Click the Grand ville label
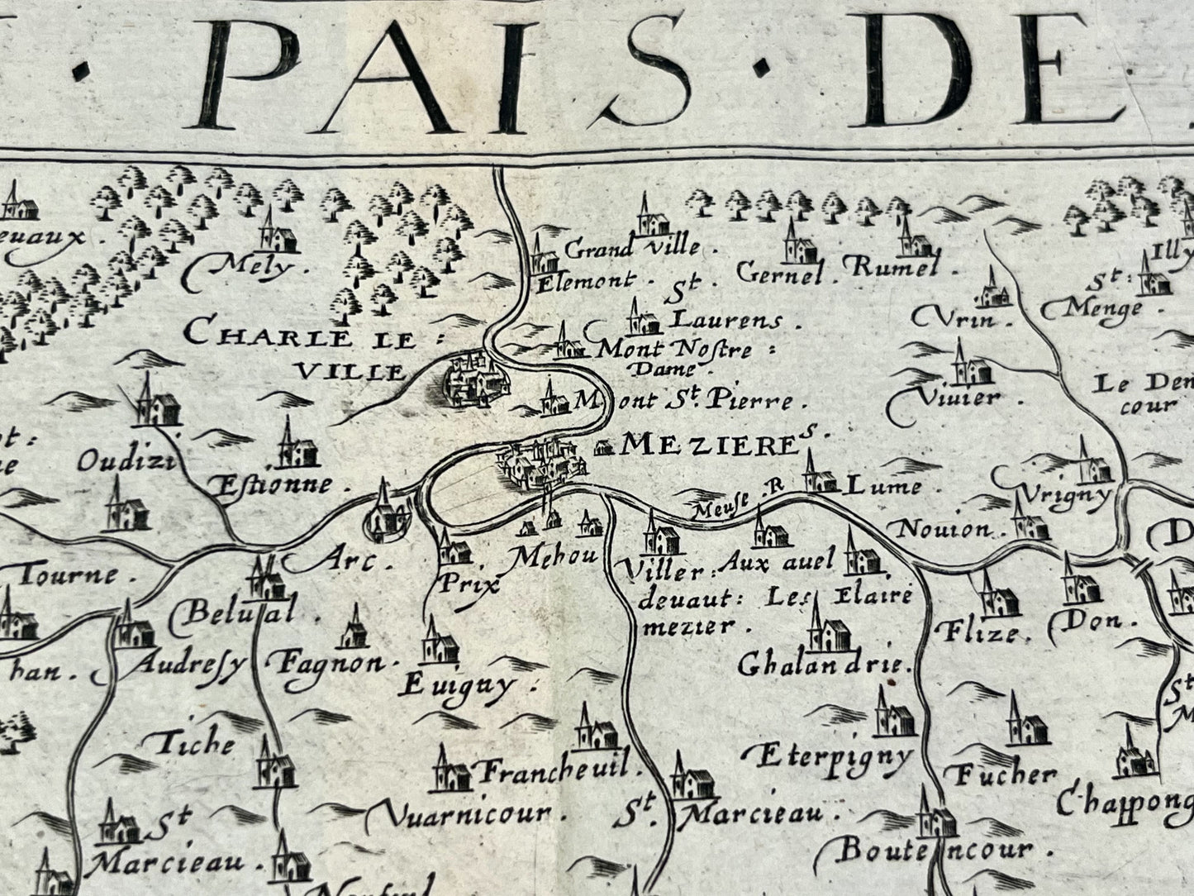click(633, 247)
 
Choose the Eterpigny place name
click(835, 755)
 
